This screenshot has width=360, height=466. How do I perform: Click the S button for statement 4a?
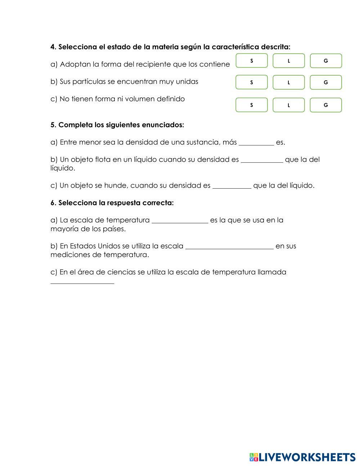(x=252, y=61)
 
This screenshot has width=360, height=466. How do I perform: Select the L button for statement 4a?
(x=289, y=61)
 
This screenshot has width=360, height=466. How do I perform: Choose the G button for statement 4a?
(x=326, y=61)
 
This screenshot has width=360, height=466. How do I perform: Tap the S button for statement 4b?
(x=252, y=82)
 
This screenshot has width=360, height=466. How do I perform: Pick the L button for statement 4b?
(x=289, y=82)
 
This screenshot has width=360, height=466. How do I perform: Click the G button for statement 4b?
(x=326, y=82)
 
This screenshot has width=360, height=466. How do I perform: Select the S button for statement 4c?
(x=252, y=105)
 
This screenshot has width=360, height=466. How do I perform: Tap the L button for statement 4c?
(x=289, y=105)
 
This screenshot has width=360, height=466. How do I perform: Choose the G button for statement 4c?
(x=326, y=105)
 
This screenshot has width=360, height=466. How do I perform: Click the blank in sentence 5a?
(x=256, y=142)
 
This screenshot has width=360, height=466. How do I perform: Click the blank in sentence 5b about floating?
(x=262, y=160)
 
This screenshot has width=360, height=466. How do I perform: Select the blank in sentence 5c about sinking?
(x=232, y=185)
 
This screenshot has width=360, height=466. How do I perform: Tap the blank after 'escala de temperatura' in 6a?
(x=180, y=220)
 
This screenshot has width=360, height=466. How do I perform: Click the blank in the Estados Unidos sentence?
(x=229, y=246)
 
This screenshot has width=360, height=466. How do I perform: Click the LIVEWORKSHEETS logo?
(x=302, y=457)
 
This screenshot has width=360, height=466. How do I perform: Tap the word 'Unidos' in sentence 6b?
(x=109, y=246)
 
